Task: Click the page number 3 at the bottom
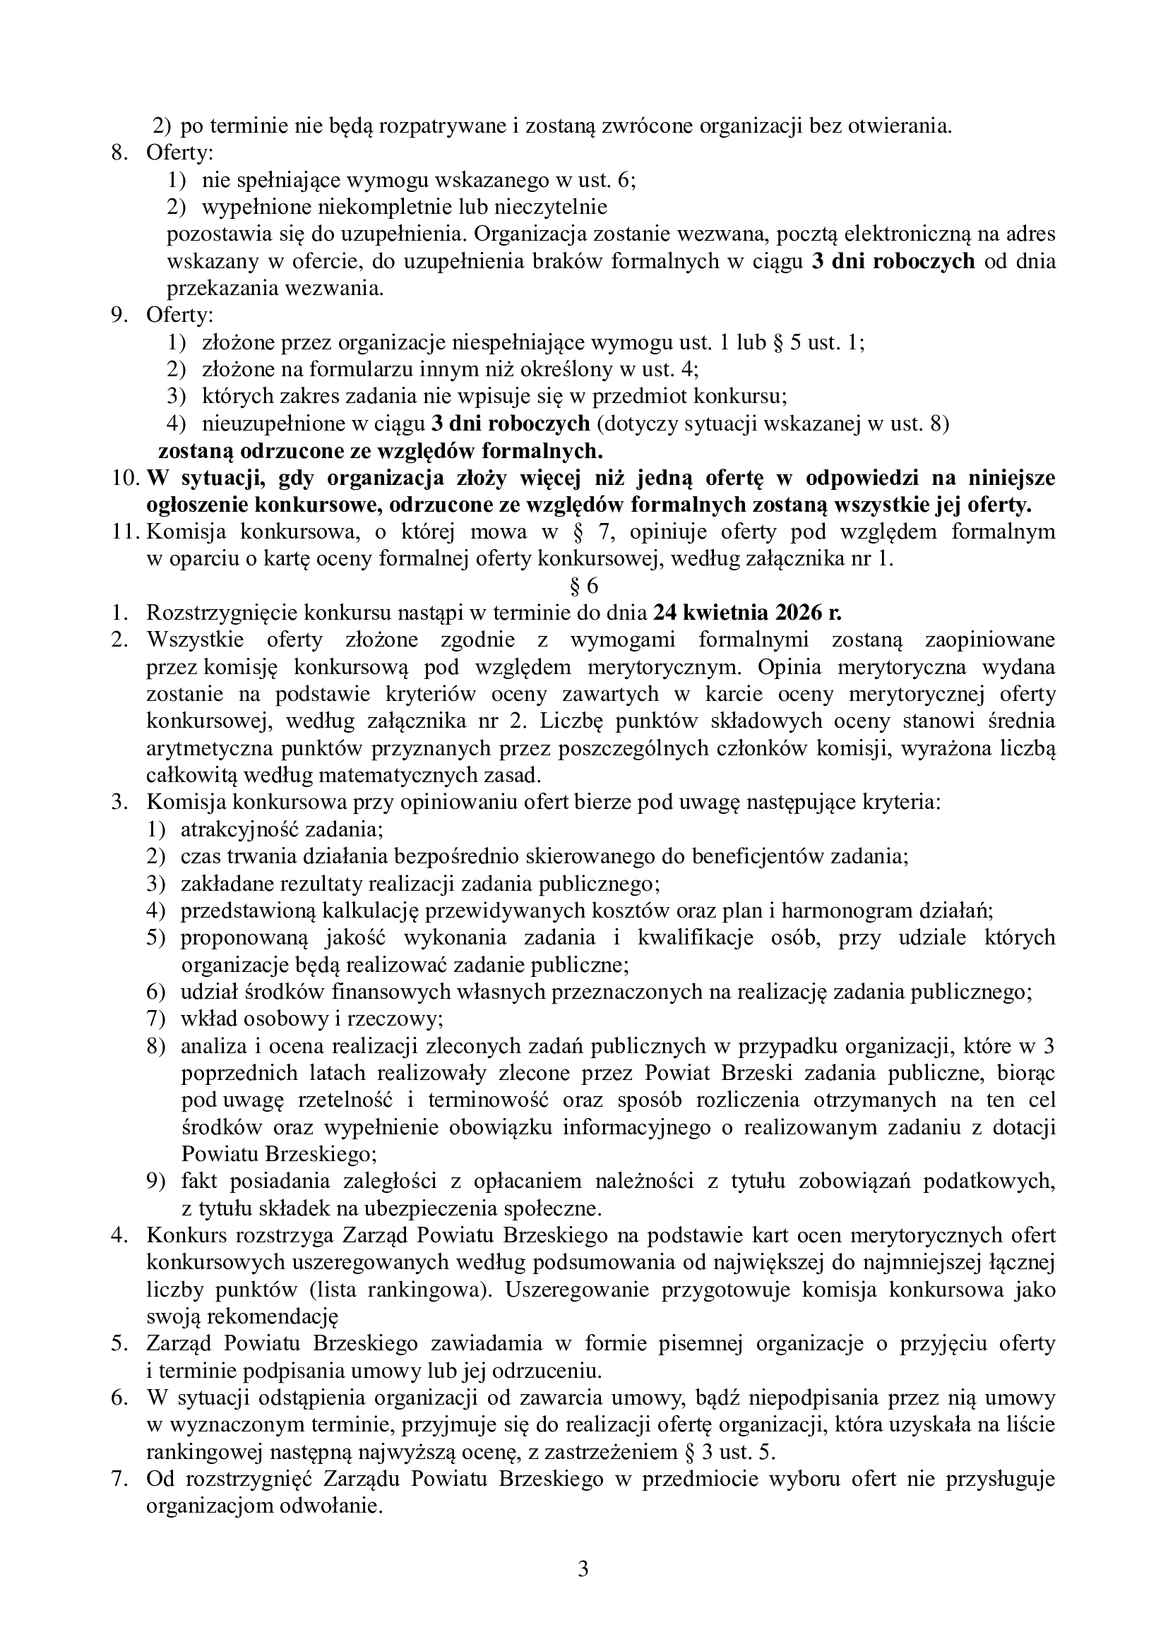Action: (583, 1563)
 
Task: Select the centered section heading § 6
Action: (583, 586)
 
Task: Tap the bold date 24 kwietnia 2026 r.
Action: (747, 613)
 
